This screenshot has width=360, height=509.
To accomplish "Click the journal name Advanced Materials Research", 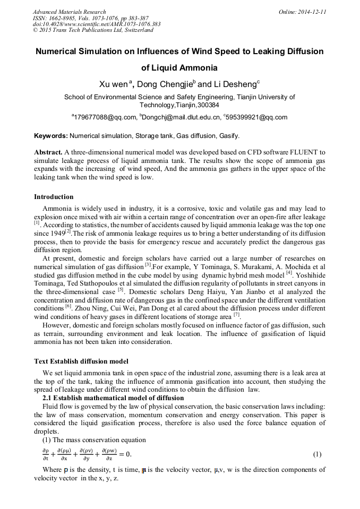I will (69, 12).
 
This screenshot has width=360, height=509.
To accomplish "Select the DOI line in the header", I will (97, 24).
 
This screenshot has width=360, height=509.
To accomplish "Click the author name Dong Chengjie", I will (165, 84).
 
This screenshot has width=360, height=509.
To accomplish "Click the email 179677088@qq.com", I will (105, 117).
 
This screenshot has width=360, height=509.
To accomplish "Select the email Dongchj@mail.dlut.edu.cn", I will (180, 117).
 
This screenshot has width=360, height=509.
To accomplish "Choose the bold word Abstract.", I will (48, 152).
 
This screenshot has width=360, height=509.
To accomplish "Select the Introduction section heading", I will (54, 197).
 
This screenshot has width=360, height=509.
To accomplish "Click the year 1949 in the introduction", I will (57, 233).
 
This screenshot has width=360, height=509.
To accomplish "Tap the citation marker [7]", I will (237, 314).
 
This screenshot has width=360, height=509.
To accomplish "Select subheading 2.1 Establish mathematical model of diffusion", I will (113, 398).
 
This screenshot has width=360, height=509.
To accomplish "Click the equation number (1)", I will (317, 454).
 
